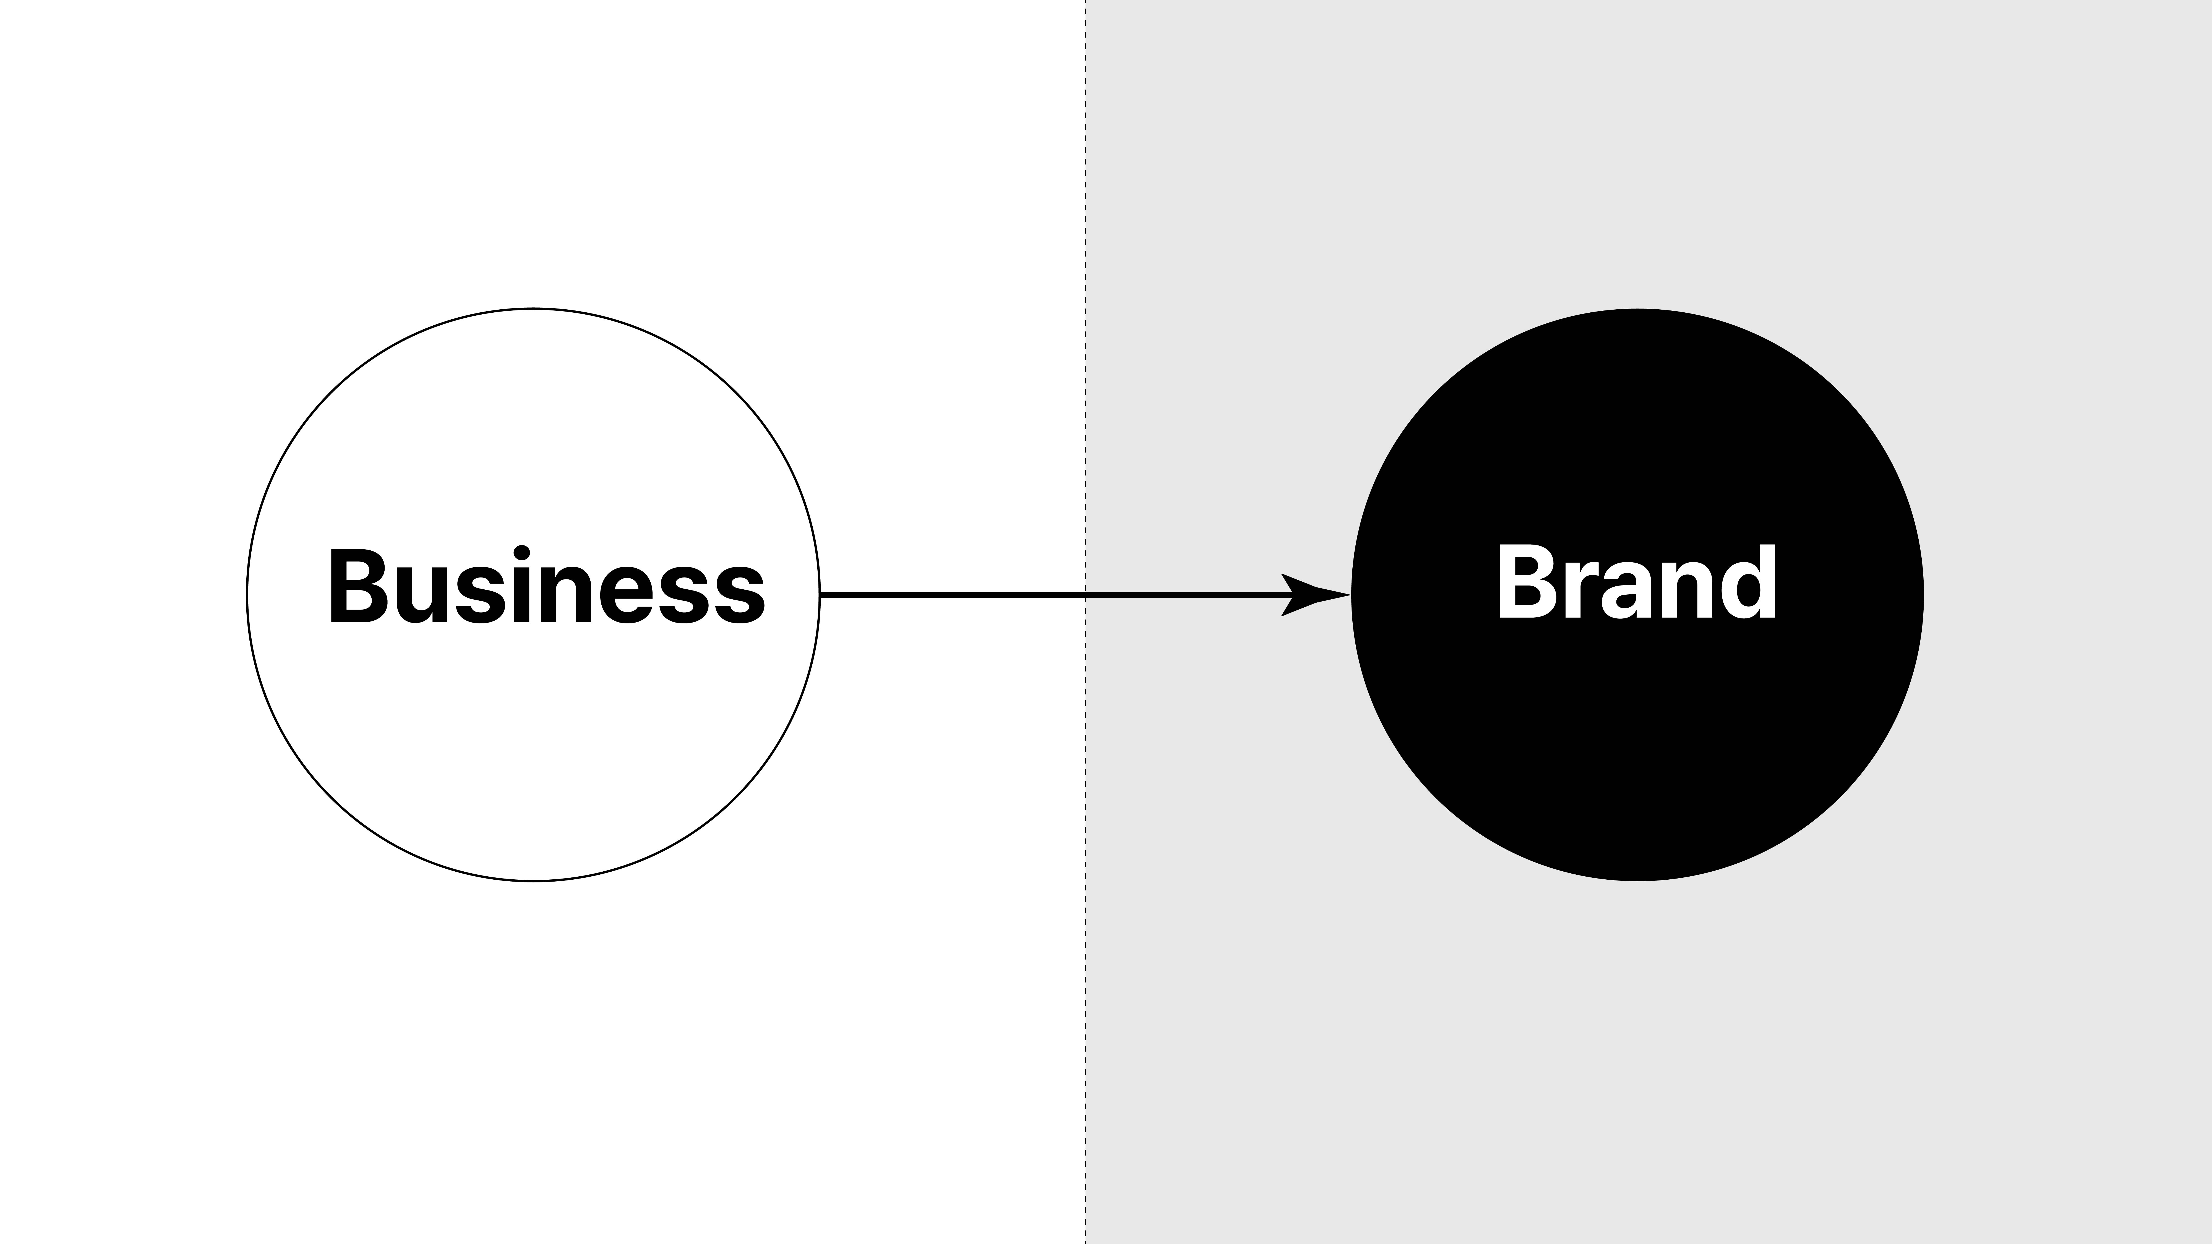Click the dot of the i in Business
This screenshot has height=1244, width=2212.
pyautogui.click(x=521, y=551)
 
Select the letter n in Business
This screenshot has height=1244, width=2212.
pyautogui.click(x=565, y=594)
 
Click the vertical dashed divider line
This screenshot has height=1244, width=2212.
pyautogui.click(x=1085, y=258)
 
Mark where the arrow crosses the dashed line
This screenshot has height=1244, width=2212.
pyautogui.click(x=1085, y=594)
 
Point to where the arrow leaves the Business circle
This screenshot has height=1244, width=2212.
pyautogui.click(x=821, y=594)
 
